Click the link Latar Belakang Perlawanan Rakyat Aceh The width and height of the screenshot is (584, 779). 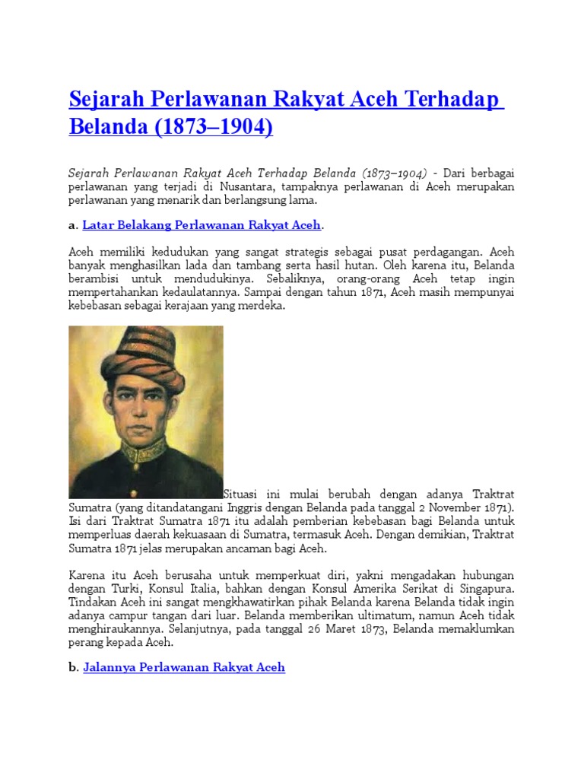click(202, 225)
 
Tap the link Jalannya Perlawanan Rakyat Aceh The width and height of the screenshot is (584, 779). click(183, 667)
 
